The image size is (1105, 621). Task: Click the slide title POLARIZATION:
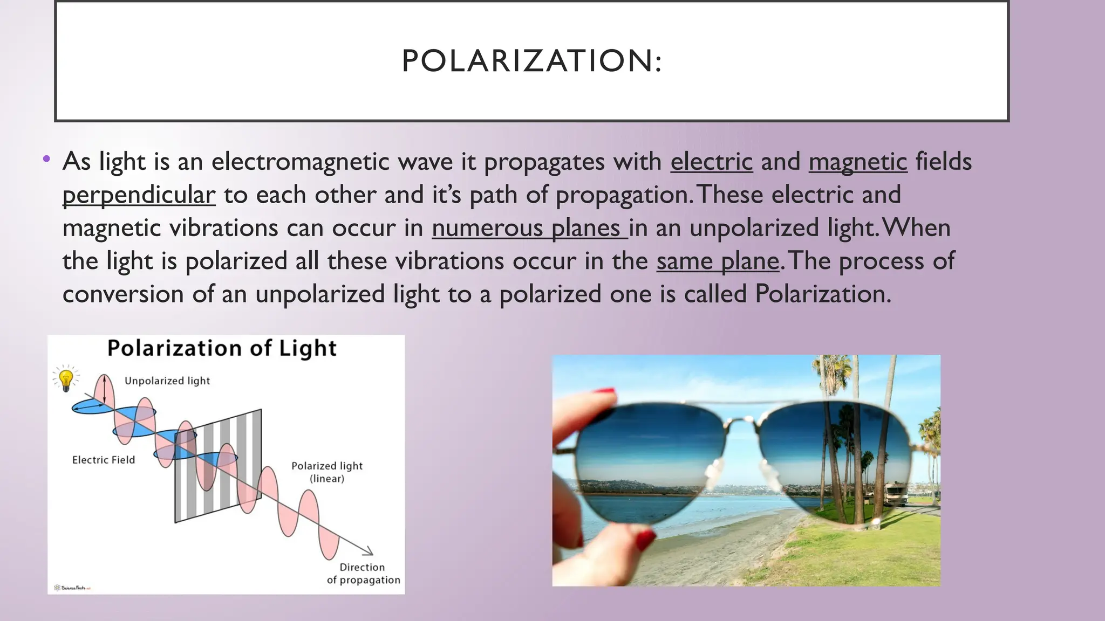coord(531,60)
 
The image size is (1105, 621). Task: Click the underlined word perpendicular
coord(139,195)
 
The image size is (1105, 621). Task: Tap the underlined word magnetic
coord(857,162)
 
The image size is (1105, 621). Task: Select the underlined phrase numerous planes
coord(529,228)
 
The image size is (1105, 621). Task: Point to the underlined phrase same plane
coord(718,261)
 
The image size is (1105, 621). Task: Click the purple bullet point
coord(46,159)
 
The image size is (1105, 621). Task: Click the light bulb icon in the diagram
coord(66,378)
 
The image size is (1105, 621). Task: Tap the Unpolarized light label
coord(167,381)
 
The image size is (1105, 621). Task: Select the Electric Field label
coord(104,460)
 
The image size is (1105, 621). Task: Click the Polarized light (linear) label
coord(327,472)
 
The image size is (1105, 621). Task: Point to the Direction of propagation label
coord(363,574)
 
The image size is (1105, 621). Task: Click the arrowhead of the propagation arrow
coord(369,551)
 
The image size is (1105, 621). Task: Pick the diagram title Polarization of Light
coord(222,348)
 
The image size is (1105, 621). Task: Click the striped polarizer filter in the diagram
coord(219,466)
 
